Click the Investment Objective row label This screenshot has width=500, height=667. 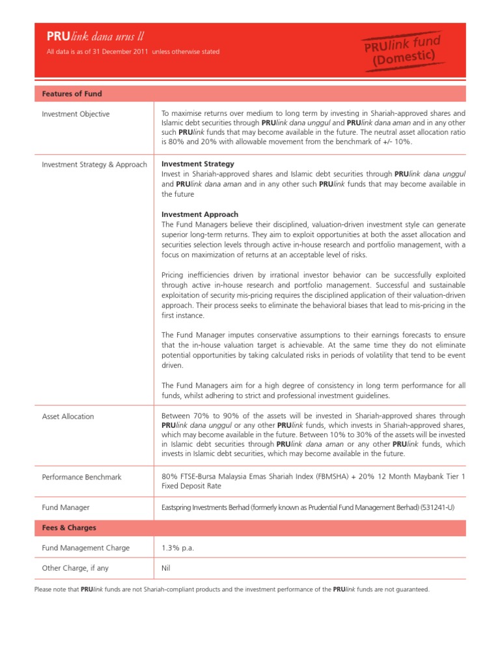(x=76, y=114)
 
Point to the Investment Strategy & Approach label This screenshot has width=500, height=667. (x=94, y=165)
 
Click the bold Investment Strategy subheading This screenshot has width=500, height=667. (x=198, y=164)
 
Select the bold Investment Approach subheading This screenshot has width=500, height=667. (x=200, y=214)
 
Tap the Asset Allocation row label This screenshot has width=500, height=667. (x=68, y=416)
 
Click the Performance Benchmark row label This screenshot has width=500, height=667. (x=81, y=477)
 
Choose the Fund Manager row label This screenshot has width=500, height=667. (x=66, y=507)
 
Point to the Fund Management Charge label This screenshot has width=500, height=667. (x=85, y=548)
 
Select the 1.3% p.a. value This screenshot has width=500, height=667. (x=178, y=548)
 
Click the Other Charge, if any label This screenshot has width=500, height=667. (x=75, y=568)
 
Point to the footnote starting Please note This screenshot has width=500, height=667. (x=232, y=589)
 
